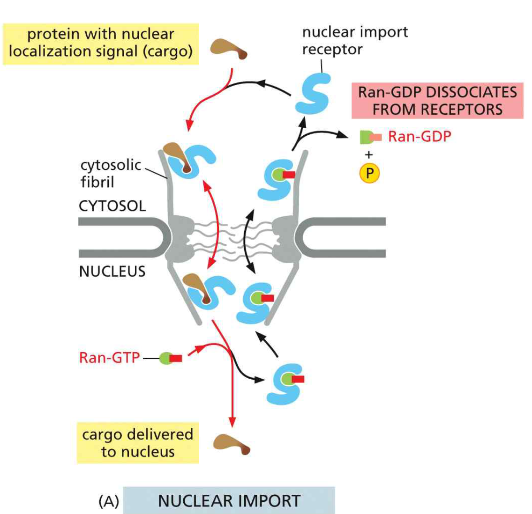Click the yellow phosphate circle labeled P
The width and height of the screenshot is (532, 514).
(x=369, y=173)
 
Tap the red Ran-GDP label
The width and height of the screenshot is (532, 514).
(x=419, y=137)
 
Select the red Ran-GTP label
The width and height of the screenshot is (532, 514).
(x=109, y=358)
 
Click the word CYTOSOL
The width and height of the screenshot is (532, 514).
(x=112, y=206)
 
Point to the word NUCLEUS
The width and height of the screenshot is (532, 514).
(x=112, y=272)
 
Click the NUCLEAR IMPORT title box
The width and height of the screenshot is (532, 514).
(x=229, y=500)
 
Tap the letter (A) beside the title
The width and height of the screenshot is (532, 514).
(x=109, y=501)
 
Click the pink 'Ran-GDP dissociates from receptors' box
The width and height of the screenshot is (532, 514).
(x=437, y=101)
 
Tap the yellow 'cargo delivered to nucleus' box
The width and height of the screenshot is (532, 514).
(x=137, y=443)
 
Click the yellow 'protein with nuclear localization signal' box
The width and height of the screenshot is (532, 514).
(x=100, y=43)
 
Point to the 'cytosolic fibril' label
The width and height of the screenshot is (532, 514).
(x=111, y=173)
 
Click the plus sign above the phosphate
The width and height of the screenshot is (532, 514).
(x=369, y=154)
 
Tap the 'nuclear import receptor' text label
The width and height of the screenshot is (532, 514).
(x=354, y=40)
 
